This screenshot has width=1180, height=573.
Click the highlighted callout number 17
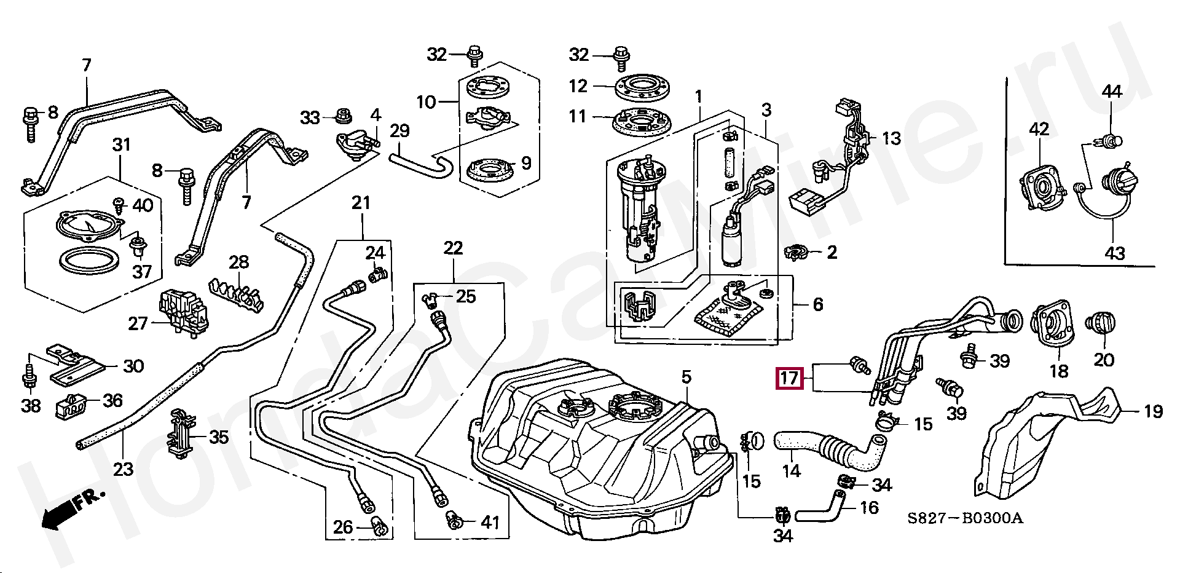point(790,377)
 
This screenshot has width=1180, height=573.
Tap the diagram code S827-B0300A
point(966,518)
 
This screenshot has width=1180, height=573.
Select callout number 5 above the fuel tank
point(686,377)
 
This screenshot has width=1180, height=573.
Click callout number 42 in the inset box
point(1039,129)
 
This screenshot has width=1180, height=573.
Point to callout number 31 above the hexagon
point(122,145)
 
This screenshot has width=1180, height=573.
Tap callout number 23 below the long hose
point(123,470)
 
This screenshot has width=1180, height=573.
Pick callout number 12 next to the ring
point(578,86)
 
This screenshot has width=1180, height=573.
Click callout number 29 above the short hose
point(399,130)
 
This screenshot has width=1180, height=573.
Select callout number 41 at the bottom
point(490,523)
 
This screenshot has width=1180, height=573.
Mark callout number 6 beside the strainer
point(817,304)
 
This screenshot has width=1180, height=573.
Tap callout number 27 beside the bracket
point(138,323)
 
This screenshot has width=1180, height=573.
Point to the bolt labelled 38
point(29,372)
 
